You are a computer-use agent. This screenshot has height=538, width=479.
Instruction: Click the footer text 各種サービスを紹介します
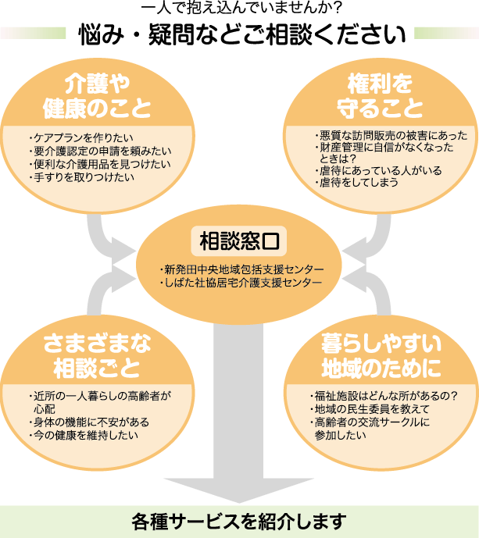point(239,520)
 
